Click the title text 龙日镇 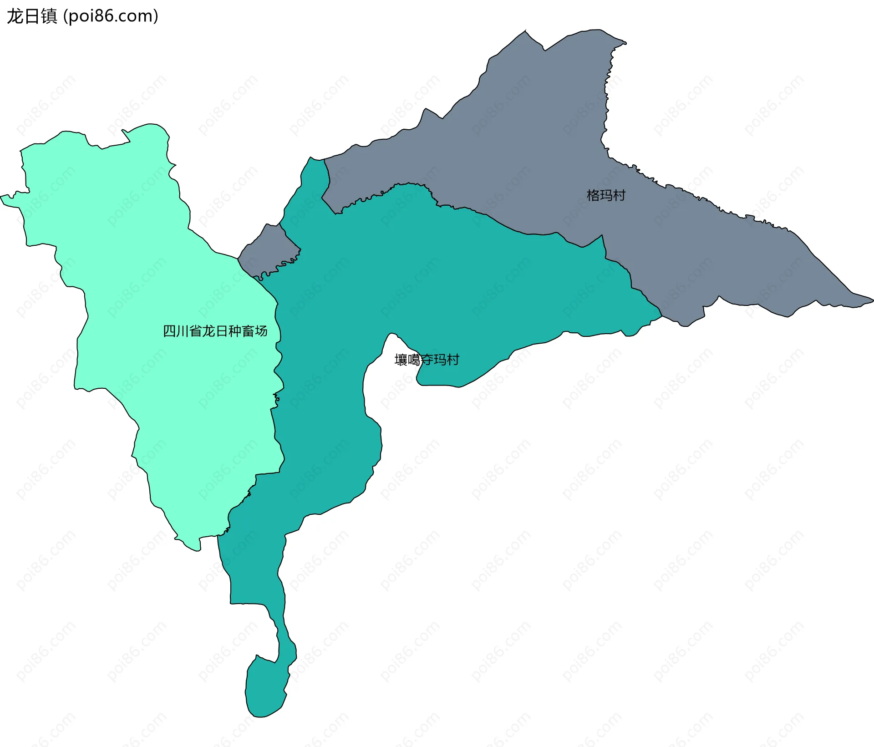32,16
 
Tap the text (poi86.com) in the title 111,16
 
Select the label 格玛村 606,195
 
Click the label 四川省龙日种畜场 215,331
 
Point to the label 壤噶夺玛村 427,360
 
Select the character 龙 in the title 15,16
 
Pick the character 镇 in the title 49,16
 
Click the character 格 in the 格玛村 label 593,195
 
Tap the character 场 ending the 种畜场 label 261,331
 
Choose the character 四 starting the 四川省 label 169,331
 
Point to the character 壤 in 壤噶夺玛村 401,360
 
